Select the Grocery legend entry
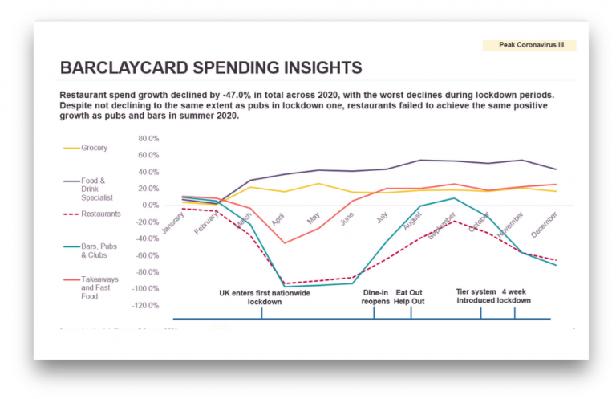coord(94,148)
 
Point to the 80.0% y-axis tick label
coord(149,138)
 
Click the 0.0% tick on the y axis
coord(151,206)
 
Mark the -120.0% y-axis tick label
coord(148,306)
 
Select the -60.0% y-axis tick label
coord(149,255)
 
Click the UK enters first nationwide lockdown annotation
coord(265,297)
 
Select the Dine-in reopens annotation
coord(376,297)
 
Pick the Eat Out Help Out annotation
coord(409,297)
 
